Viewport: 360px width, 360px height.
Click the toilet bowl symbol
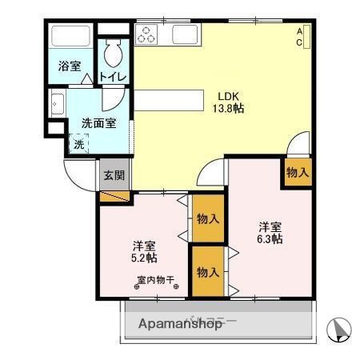[111, 55]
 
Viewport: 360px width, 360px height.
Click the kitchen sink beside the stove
[186, 34]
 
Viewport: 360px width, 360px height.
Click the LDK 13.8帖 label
[227, 102]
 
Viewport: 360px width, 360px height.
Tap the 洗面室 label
[98, 124]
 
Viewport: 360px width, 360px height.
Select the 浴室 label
[70, 66]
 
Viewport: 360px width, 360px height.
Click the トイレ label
[113, 77]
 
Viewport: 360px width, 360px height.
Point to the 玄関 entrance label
[114, 174]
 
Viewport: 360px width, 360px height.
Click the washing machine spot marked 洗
[78, 145]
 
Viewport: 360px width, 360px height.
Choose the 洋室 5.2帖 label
[144, 251]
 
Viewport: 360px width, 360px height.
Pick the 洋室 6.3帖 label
[270, 231]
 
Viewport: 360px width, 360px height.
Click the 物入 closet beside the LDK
[297, 171]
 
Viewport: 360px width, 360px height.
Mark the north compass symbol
[340, 328]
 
